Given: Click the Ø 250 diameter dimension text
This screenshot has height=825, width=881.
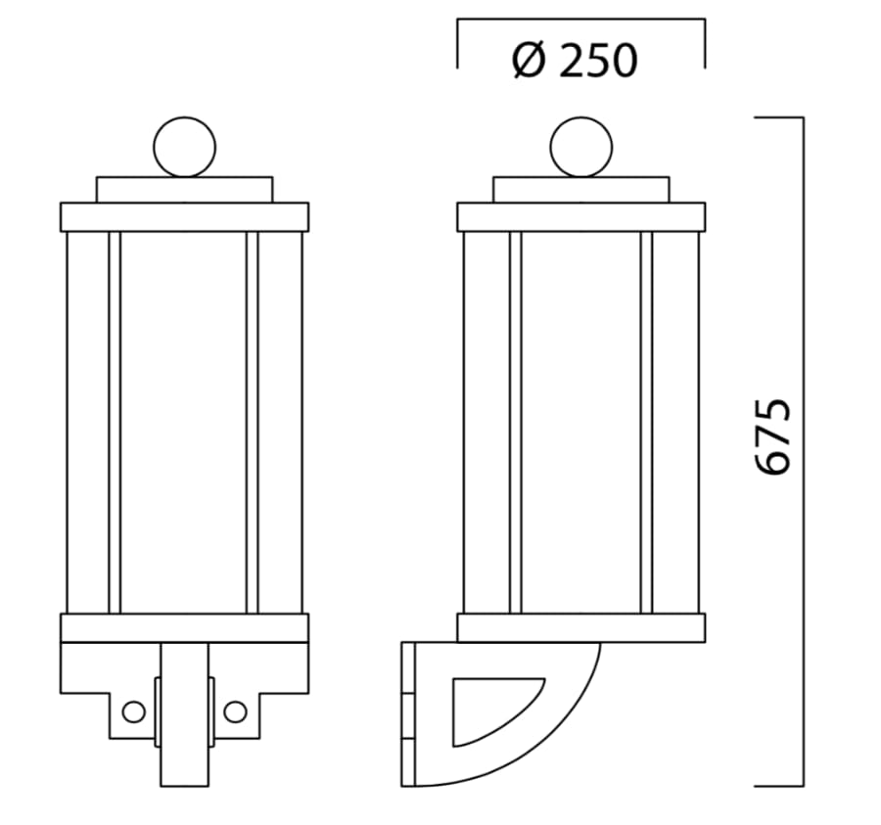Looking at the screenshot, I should pos(576,62).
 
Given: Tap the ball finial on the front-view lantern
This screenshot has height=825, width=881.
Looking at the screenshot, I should pos(184,147).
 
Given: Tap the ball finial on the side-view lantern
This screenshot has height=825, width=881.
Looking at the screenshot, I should pos(581,147).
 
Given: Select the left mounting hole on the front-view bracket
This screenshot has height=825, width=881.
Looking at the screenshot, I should pos(134,711).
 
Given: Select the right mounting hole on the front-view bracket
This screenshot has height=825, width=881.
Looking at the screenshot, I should pos(235,711).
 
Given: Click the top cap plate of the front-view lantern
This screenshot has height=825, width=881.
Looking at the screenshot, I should pos(184,216).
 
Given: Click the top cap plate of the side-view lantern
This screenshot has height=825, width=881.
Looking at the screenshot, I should pos(581,216).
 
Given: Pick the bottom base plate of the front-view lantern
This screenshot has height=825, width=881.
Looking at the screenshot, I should pos(184,627).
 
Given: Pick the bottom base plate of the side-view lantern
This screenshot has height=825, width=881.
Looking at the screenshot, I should pos(581,627).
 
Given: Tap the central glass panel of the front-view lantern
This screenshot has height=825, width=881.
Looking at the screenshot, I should pos(184,421).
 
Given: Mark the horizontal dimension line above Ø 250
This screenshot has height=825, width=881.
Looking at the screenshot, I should pos(581,19).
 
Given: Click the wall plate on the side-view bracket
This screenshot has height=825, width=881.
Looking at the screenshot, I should pos(408,714).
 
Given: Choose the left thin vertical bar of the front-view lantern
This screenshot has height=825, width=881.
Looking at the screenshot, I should pos(115,421).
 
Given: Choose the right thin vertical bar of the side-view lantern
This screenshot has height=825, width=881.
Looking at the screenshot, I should pos(646,421).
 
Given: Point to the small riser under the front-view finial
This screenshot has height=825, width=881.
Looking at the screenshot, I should pos(184,190).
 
